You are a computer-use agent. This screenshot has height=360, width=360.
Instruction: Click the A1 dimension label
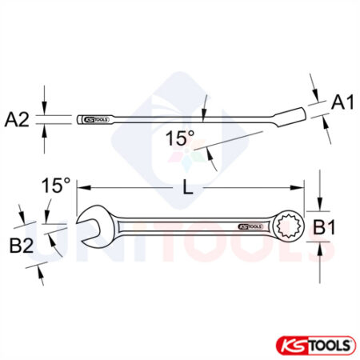tap(342, 102)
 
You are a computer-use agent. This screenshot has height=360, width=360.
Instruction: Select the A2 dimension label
tap(17, 119)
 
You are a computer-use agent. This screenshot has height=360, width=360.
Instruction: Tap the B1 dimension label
tap(322, 229)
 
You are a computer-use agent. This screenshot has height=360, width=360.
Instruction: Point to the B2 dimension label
tap(22, 246)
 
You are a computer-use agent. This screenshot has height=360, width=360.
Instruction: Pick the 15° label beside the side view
tap(180, 138)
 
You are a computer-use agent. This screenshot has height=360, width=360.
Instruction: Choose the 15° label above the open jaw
tap(56, 186)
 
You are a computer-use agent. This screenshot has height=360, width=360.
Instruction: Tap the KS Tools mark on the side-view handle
tap(95, 120)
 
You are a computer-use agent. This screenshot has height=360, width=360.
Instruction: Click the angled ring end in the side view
tap(304, 111)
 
